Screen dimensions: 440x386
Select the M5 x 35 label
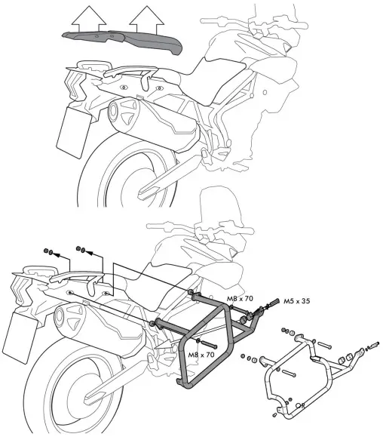(x=297, y=300)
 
